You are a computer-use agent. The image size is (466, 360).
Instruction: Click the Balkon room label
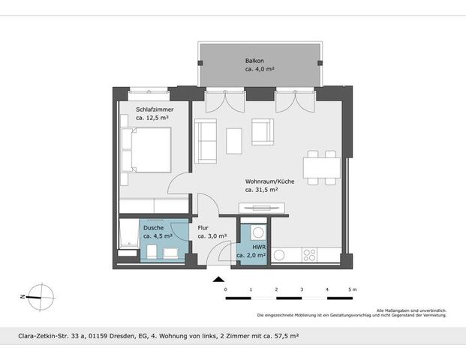click(254, 60)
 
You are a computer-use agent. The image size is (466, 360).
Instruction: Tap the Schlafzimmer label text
click(155, 109)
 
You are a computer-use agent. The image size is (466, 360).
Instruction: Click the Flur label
click(203, 227)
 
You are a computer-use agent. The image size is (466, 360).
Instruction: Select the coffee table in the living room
click(234, 140)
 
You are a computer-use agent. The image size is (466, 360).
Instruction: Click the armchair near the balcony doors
click(263, 132)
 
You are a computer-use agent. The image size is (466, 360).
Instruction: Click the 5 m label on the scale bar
click(352, 289)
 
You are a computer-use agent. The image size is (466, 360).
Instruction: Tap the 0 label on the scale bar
click(225, 289)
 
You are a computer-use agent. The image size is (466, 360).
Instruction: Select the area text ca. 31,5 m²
click(262, 190)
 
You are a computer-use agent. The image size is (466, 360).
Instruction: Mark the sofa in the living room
click(205, 140)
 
